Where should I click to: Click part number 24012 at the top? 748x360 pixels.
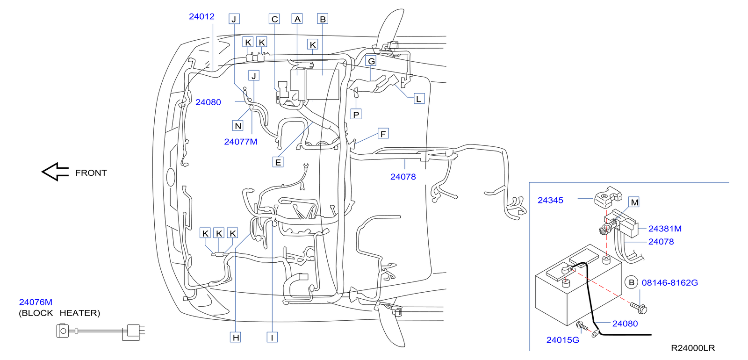tap(201, 16)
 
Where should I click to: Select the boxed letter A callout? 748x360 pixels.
tap(297, 19)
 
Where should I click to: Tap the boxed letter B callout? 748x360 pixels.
tap(322, 19)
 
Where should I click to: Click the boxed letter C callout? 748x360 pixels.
tap(274, 19)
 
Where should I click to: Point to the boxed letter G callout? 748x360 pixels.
tap(371, 61)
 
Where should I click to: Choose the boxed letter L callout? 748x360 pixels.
tap(419, 99)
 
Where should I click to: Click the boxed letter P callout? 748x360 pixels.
tap(356, 114)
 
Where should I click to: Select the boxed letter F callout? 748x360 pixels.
tap(383, 134)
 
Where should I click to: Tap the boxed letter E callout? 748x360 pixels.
tap(278, 162)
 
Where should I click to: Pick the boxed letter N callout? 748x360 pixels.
tap(238, 125)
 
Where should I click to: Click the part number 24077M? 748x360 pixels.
tap(240, 142)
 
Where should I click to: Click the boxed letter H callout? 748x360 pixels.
tap(236, 337)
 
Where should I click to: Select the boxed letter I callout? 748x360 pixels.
tap(272, 337)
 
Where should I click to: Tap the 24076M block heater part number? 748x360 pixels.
tap(36, 302)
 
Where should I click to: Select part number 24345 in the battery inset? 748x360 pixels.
tap(550, 200)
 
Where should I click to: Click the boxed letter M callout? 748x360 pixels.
tap(634, 202)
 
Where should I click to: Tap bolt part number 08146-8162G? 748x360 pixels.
tap(669, 282)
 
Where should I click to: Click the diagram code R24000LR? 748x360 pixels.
tap(693, 348)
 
